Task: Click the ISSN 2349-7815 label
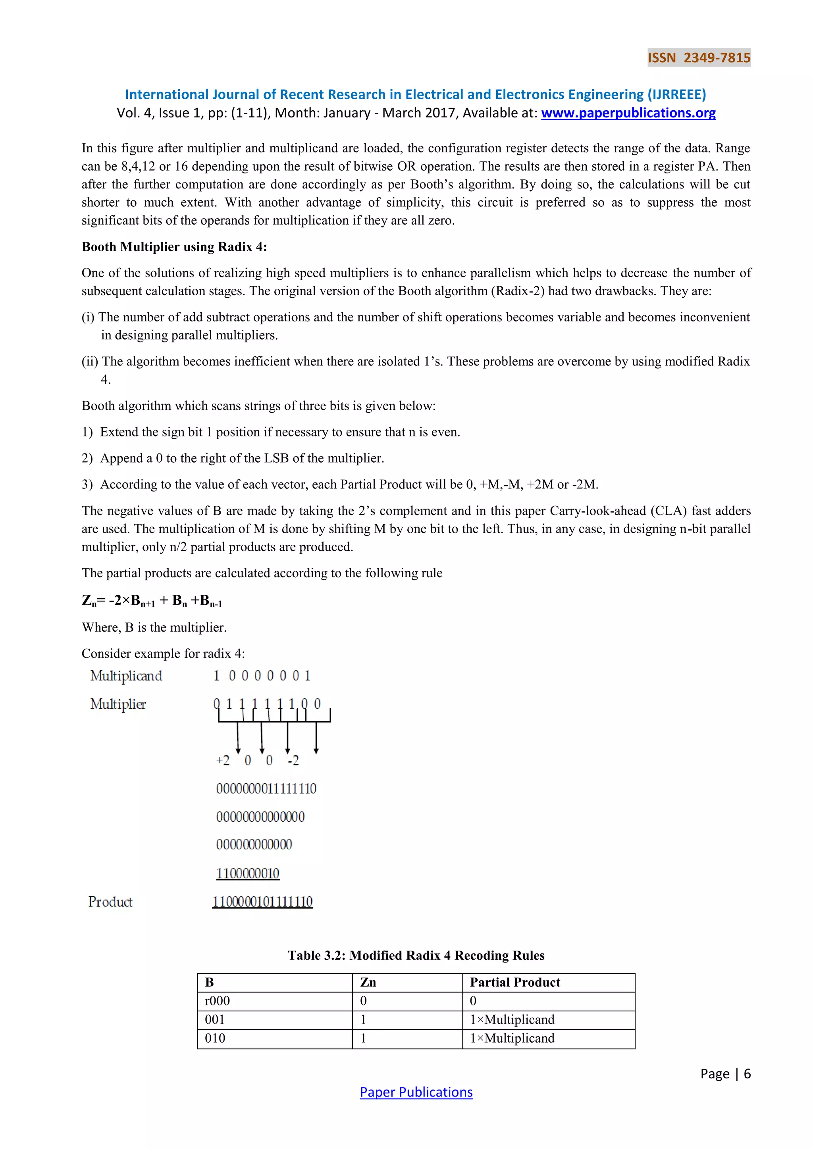coord(699,58)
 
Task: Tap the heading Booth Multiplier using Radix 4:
coord(174,247)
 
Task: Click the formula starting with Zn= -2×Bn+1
coord(152,601)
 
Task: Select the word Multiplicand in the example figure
coord(126,676)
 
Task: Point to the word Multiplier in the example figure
coord(118,704)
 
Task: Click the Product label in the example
coord(110,902)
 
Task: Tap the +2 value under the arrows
coord(223,761)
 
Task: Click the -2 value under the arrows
coord(293,761)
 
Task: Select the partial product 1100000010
coord(248,873)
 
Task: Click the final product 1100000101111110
coord(262,902)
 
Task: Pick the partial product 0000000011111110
coord(266,789)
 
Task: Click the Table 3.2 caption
coord(416,955)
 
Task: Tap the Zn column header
coord(368,982)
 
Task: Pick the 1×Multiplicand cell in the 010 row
coord(512,1038)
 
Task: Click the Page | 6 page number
coord(725,1074)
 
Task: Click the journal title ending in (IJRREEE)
coord(415,94)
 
